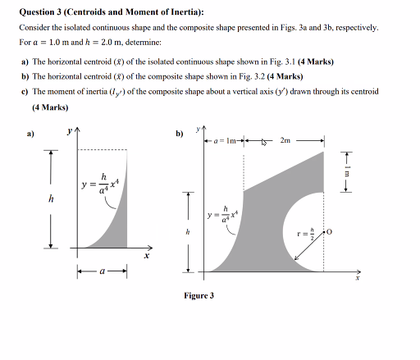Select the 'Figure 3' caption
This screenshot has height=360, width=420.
point(199,295)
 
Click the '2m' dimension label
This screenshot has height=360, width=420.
point(285,141)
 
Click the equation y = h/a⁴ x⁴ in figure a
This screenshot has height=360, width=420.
point(103,183)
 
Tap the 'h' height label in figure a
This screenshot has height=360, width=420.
point(51,198)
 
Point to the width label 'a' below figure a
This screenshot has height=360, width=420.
point(102,271)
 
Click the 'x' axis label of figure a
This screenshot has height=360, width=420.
point(147,256)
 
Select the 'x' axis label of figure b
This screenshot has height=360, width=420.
point(358,278)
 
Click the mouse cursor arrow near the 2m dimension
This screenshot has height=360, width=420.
point(265,142)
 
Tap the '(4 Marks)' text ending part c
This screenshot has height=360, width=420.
point(50,107)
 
